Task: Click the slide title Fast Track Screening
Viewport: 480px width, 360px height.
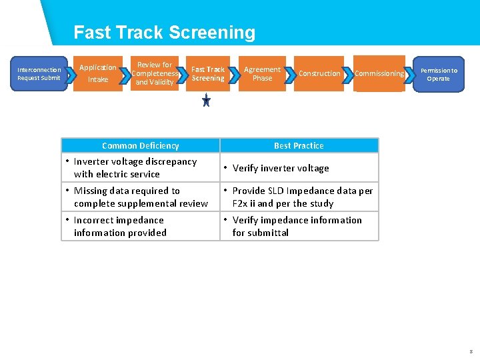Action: (x=164, y=33)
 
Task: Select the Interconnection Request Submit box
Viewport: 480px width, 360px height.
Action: (x=39, y=74)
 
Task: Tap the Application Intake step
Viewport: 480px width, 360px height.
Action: (x=98, y=73)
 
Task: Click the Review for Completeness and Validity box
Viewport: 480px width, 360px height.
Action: (x=155, y=73)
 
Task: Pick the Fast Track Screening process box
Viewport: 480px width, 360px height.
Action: (x=208, y=73)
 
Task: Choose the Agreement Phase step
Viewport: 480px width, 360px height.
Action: (x=262, y=73)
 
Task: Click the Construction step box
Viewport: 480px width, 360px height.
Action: (x=319, y=73)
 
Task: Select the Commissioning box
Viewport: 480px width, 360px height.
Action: (x=379, y=73)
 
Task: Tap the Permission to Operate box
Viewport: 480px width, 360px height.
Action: (x=438, y=74)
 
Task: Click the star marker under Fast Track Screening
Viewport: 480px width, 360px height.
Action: (x=207, y=101)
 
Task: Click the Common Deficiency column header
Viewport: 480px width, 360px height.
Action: (x=141, y=145)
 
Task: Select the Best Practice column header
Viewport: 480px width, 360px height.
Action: (x=299, y=145)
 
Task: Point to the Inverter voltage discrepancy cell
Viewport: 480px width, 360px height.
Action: (x=141, y=167)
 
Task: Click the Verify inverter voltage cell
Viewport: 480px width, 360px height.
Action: (x=299, y=168)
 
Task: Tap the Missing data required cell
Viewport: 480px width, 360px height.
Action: (x=141, y=197)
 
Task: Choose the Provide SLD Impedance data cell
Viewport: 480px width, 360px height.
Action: (x=299, y=197)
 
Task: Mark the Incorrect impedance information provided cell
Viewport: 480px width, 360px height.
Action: (x=141, y=226)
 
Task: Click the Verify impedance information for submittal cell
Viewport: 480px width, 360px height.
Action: (x=299, y=226)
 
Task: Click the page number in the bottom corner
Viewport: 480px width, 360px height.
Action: (x=471, y=351)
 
